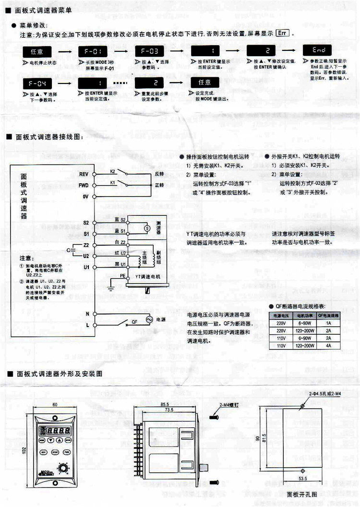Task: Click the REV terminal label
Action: (x=84, y=174)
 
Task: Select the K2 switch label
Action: (x=113, y=171)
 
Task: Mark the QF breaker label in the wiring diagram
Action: (x=128, y=324)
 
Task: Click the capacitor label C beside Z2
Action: (x=68, y=250)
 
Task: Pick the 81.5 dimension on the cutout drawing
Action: (x=277, y=437)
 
